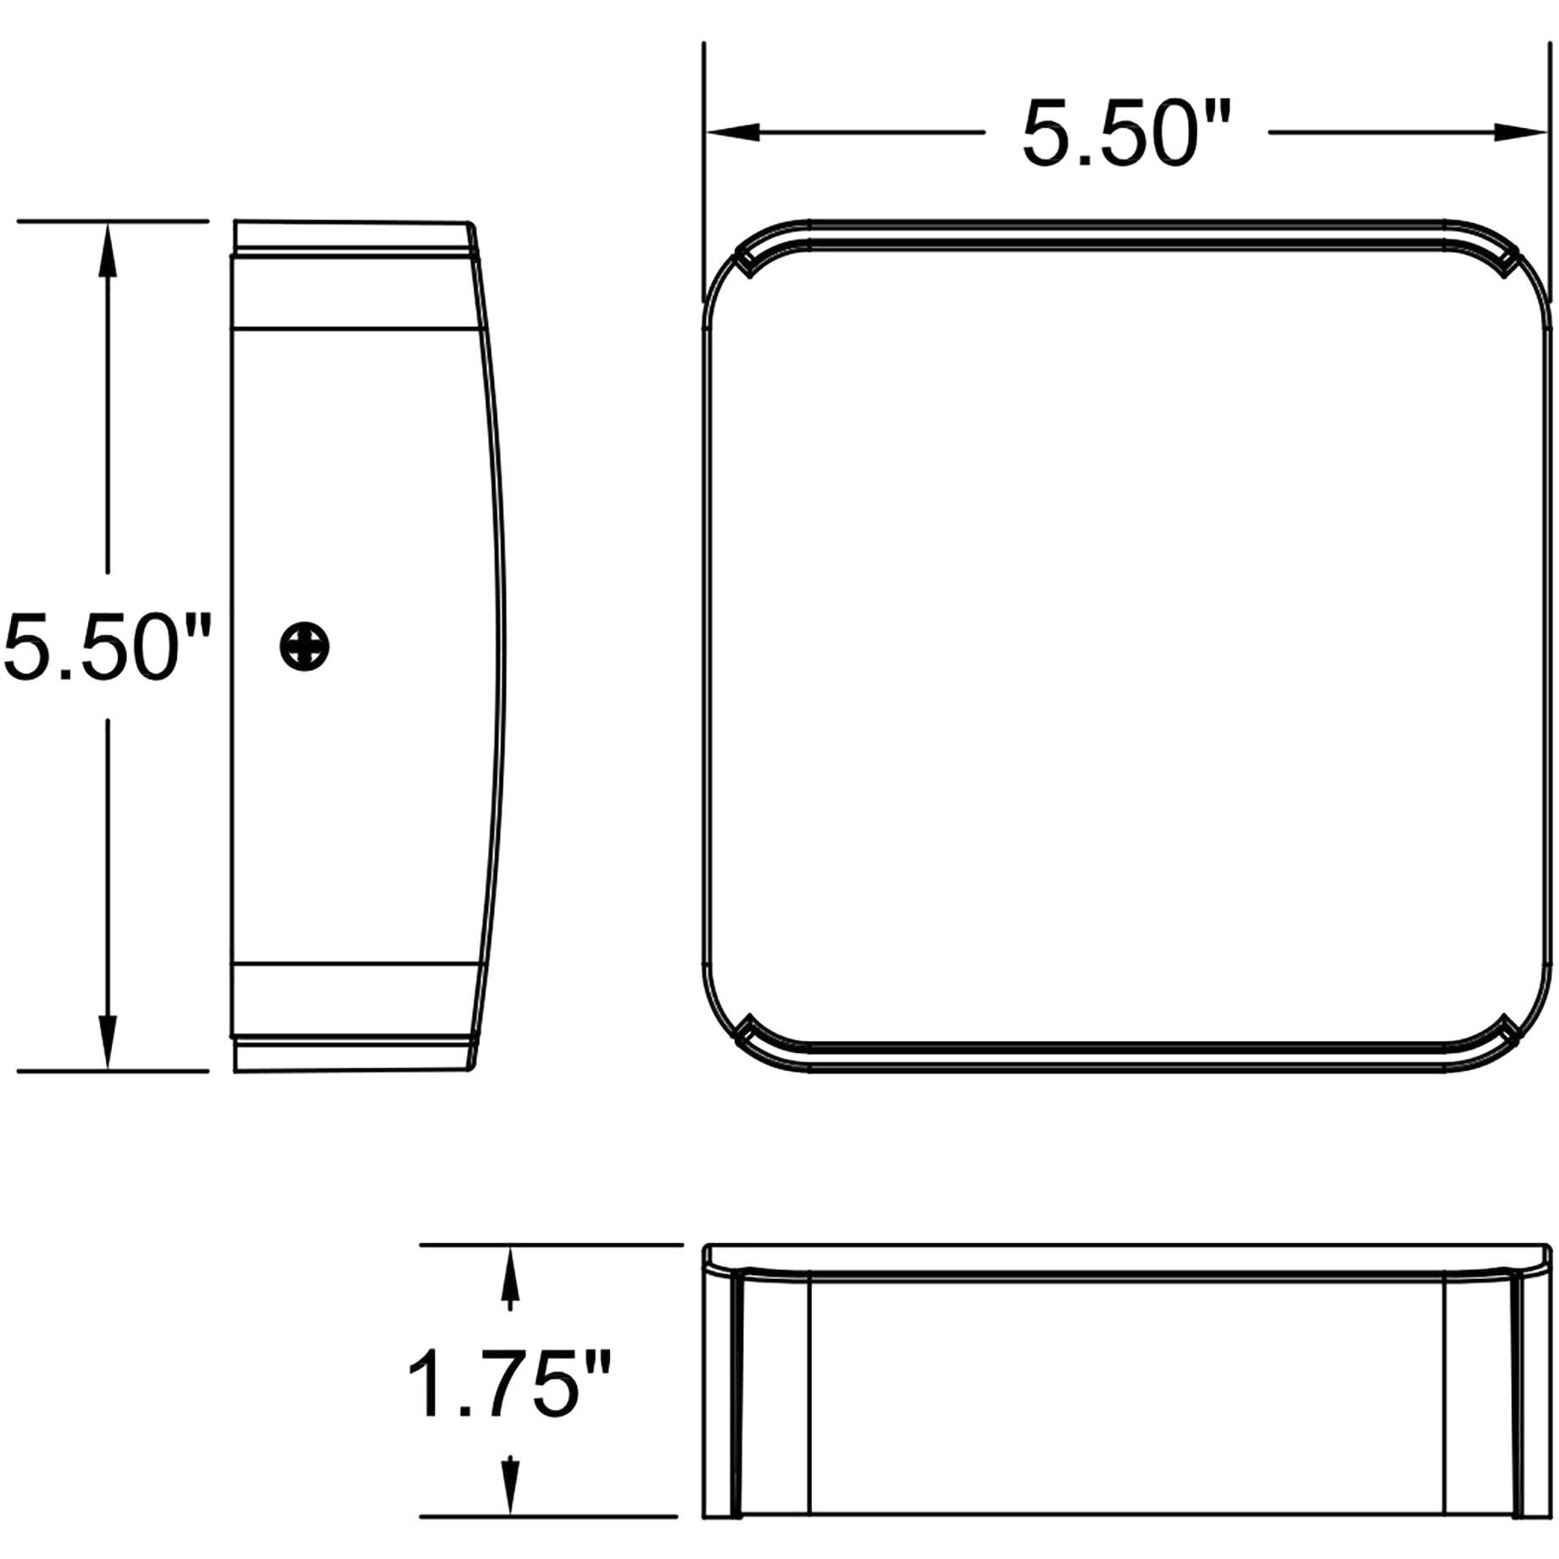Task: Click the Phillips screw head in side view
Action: pyautogui.click(x=304, y=647)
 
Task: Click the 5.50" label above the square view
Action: pyautogui.click(x=1125, y=134)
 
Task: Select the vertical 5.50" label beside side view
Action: pyautogui.click(x=106, y=647)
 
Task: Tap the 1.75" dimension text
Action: pyautogui.click(x=509, y=1385)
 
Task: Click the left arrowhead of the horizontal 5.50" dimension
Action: pyautogui.click(x=732, y=132)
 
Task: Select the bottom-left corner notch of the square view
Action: pyautogui.click(x=747, y=1030)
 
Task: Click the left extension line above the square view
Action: pyautogui.click(x=703, y=169)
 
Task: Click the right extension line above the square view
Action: pyautogui.click(x=1549, y=169)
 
